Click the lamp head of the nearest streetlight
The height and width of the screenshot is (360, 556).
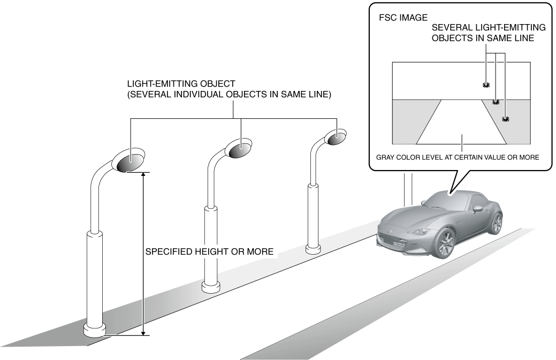(x=129, y=161)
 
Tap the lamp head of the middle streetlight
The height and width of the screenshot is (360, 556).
(x=238, y=149)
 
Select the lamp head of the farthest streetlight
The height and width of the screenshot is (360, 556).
(x=335, y=137)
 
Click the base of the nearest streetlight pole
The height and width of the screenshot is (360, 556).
(x=95, y=330)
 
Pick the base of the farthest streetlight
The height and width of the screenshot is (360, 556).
(x=313, y=249)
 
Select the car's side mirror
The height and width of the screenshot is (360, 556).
(x=478, y=209)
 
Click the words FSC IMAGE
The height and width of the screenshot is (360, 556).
(x=403, y=18)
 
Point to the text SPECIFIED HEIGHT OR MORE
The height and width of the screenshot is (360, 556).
(x=210, y=251)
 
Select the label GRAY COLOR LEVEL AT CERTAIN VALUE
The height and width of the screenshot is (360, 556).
(x=437, y=157)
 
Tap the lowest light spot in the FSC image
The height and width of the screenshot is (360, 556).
(x=506, y=119)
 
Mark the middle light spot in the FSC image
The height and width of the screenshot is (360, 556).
(x=496, y=102)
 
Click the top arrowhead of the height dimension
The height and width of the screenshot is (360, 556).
(x=143, y=175)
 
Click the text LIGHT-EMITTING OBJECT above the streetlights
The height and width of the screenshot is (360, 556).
(x=181, y=84)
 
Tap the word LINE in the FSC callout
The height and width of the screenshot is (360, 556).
(x=524, y=39)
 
